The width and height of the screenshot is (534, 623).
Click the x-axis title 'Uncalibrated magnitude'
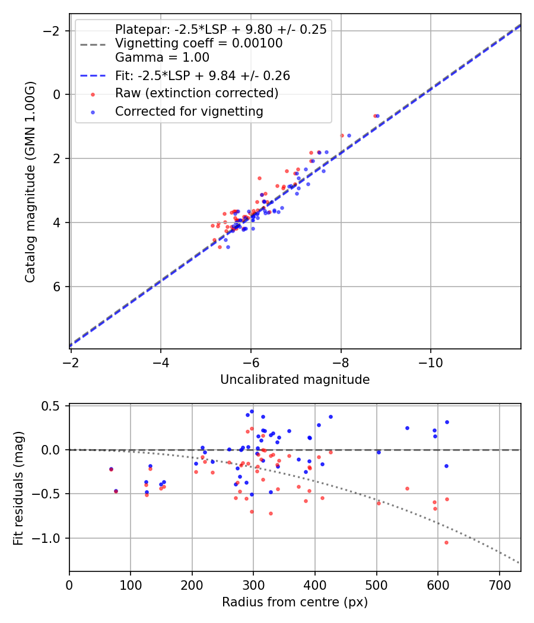[x=295, y=380]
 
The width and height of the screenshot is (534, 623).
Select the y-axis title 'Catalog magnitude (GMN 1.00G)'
[x=30, y=181]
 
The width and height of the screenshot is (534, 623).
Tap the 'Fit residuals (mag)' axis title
[x=18, y=487]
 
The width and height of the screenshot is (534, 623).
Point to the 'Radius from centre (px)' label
[x=295, y=602]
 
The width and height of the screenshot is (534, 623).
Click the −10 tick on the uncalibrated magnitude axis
[x=431, y=361]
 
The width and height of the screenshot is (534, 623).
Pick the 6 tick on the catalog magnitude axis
[x=58, y=287]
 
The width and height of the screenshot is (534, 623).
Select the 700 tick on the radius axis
[x=499, y=584]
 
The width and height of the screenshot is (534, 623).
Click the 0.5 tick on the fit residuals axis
[x=55, y=406]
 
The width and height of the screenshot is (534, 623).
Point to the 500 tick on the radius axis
[x=376, y=584]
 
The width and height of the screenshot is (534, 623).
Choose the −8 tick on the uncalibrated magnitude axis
[x=341, y=361]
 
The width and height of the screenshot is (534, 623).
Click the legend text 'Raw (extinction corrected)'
[x=196, y=93]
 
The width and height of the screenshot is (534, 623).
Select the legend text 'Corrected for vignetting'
[x=189, y=111]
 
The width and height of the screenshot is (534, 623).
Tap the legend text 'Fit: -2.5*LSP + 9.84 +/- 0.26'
[x=202, y=75]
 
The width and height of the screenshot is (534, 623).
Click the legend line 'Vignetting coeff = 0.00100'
[x=199, y=43]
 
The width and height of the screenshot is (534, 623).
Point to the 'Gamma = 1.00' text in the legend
[x=162, y=58]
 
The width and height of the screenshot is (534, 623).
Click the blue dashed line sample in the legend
[x=93, y=75]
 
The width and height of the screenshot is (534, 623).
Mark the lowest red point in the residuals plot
[x=446, y=542]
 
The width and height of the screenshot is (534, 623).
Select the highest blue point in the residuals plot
[x=252, y=411]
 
